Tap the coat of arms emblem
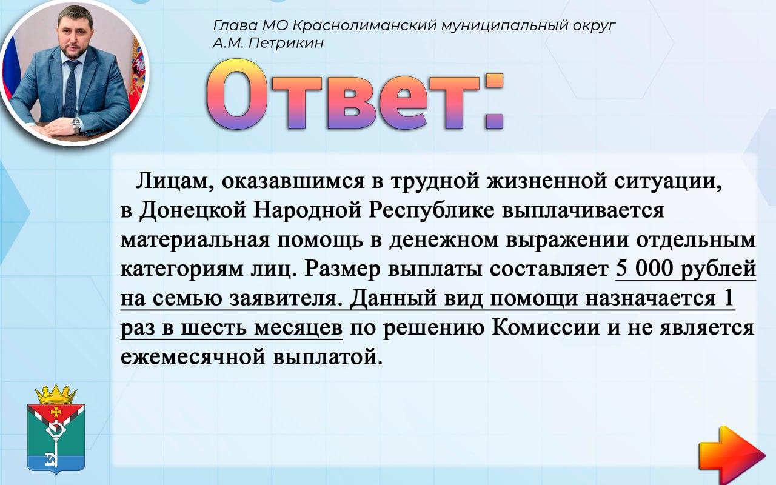56,430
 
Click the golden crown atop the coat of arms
56,394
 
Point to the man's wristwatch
76,125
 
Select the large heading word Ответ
355,95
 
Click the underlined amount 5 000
644,268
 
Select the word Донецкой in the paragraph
193,210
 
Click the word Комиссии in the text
546,327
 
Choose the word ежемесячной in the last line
193,357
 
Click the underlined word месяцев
298,328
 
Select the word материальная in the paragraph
195,239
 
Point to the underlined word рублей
718,269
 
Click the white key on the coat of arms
55,443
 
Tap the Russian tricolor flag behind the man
10,66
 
